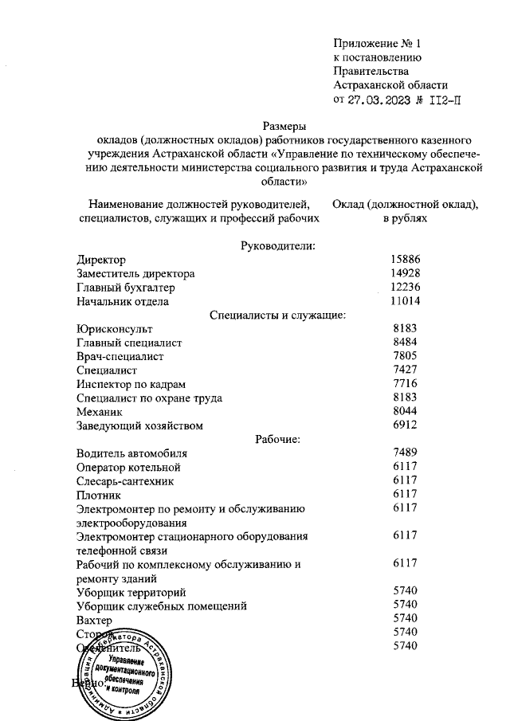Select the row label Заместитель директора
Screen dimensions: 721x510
[x=135, y=273]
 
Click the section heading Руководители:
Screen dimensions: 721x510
[x=278, y=245]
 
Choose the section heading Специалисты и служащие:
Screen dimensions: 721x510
[x=277, y=315]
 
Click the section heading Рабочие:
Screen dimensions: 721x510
[x=277, y=438]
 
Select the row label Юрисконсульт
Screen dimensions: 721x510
[x=115, y=328]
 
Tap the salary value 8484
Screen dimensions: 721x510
[x=406, y=342]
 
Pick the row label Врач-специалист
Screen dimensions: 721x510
[x=120, y=356]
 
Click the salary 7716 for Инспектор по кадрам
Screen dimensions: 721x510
[x=406, y=383]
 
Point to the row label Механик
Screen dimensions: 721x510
[x=101, y=411]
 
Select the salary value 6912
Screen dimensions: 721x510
[x=406, y=425]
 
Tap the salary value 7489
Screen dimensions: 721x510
[x=406, y=453]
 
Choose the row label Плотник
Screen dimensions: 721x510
[x=100, y=494]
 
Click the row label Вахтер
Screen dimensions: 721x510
[x=94, y=618]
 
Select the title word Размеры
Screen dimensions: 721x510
[x=284, y=125]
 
